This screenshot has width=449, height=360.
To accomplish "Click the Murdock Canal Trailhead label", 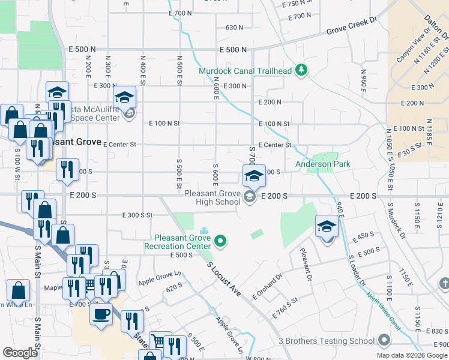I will coord(246,71).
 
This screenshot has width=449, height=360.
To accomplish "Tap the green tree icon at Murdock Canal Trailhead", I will coord(301,71).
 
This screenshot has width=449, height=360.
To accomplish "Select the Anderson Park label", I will coord(322,164).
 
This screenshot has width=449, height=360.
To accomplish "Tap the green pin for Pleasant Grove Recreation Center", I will coord(221,242).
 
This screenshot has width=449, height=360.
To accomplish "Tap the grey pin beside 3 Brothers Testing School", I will coord(384,341).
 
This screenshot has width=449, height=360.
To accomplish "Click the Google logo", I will coord(20,353).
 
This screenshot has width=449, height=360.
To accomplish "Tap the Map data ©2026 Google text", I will coord(412,355).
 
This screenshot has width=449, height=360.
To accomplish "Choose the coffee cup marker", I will coord(101,314).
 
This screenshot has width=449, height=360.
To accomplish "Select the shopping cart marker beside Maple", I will coord(89,284).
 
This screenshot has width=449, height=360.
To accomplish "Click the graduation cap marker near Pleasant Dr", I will coord(327,227).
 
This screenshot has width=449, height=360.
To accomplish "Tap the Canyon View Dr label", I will coord(411,49).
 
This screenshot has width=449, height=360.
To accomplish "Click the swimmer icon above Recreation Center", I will coord(203,230).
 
